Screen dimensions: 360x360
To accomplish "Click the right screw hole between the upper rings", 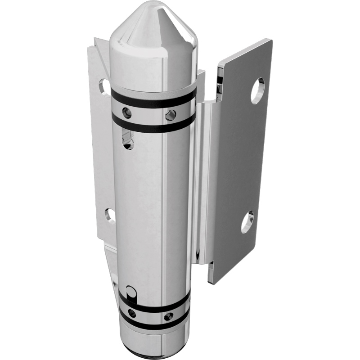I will [170, 115].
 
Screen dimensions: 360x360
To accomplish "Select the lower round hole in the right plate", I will [247, 222].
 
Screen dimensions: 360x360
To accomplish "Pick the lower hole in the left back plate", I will [110, 215].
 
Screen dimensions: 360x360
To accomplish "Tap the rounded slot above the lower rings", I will [131, 292].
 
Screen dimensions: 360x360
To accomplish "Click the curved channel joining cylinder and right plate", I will [202, 180].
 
